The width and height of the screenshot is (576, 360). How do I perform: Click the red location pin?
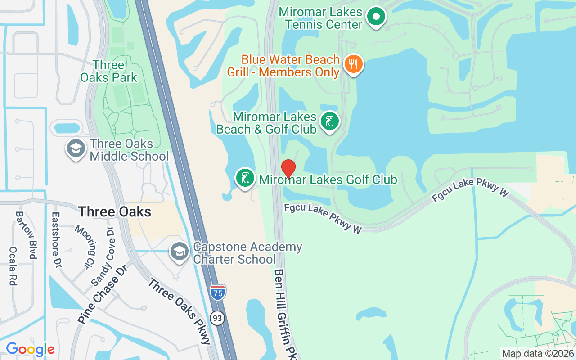coord(288,169)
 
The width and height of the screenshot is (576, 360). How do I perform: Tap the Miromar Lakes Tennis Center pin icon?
coord(376,18)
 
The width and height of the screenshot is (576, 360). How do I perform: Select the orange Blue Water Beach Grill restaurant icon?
coord(354,64)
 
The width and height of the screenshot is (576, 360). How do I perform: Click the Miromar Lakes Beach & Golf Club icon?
coord(330,121)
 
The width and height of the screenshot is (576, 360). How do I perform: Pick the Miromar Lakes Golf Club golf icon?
coord(245,178)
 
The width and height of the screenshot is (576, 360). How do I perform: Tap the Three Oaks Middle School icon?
coord(76,148)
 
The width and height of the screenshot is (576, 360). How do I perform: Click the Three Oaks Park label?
coord(108,71)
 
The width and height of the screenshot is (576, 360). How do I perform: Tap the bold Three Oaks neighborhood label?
coord(115,211)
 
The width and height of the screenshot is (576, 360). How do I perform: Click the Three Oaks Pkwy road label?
coord(180,311)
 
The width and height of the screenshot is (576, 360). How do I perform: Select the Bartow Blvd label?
coord(26,235)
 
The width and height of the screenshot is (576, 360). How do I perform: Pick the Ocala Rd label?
coord(13,266)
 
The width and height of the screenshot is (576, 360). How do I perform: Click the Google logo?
coord(30,349)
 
